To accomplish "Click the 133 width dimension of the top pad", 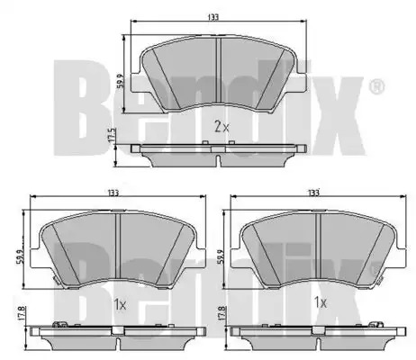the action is click(x=213, y=17).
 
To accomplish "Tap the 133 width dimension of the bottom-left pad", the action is click(x=113, y=193).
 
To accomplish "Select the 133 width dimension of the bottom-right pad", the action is click(x=313, y=193).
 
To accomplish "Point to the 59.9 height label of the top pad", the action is click(x=121, y=80).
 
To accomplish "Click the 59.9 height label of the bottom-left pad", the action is click(x=19, y=256).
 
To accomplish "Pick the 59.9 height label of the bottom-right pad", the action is click(x=220, y=256).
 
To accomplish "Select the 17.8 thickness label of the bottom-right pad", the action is click(x=222, y=313).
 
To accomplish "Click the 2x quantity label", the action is click(x=222, y=127).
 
